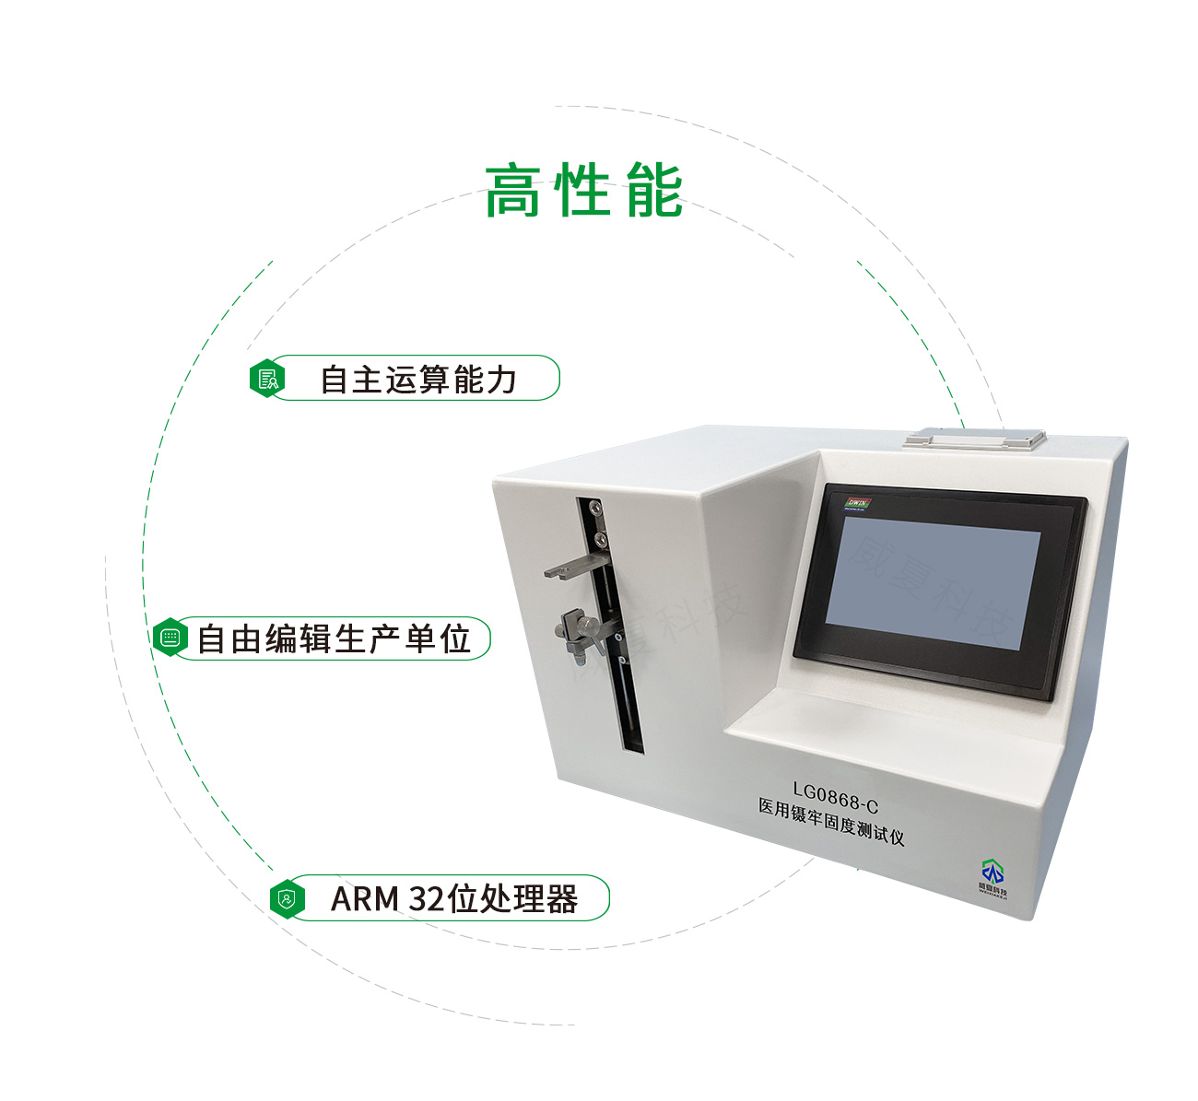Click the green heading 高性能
click(583, 192)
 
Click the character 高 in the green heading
click(512, 192)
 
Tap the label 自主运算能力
click(417, 379)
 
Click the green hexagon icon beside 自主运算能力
click(267, 379)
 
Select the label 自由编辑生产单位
click(334, 638)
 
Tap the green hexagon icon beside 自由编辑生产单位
click(170, 638)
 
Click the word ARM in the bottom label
click(365, 898)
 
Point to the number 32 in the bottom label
click(425, 898)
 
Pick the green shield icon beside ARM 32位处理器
click(288, 898)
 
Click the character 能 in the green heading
click(654, 192)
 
